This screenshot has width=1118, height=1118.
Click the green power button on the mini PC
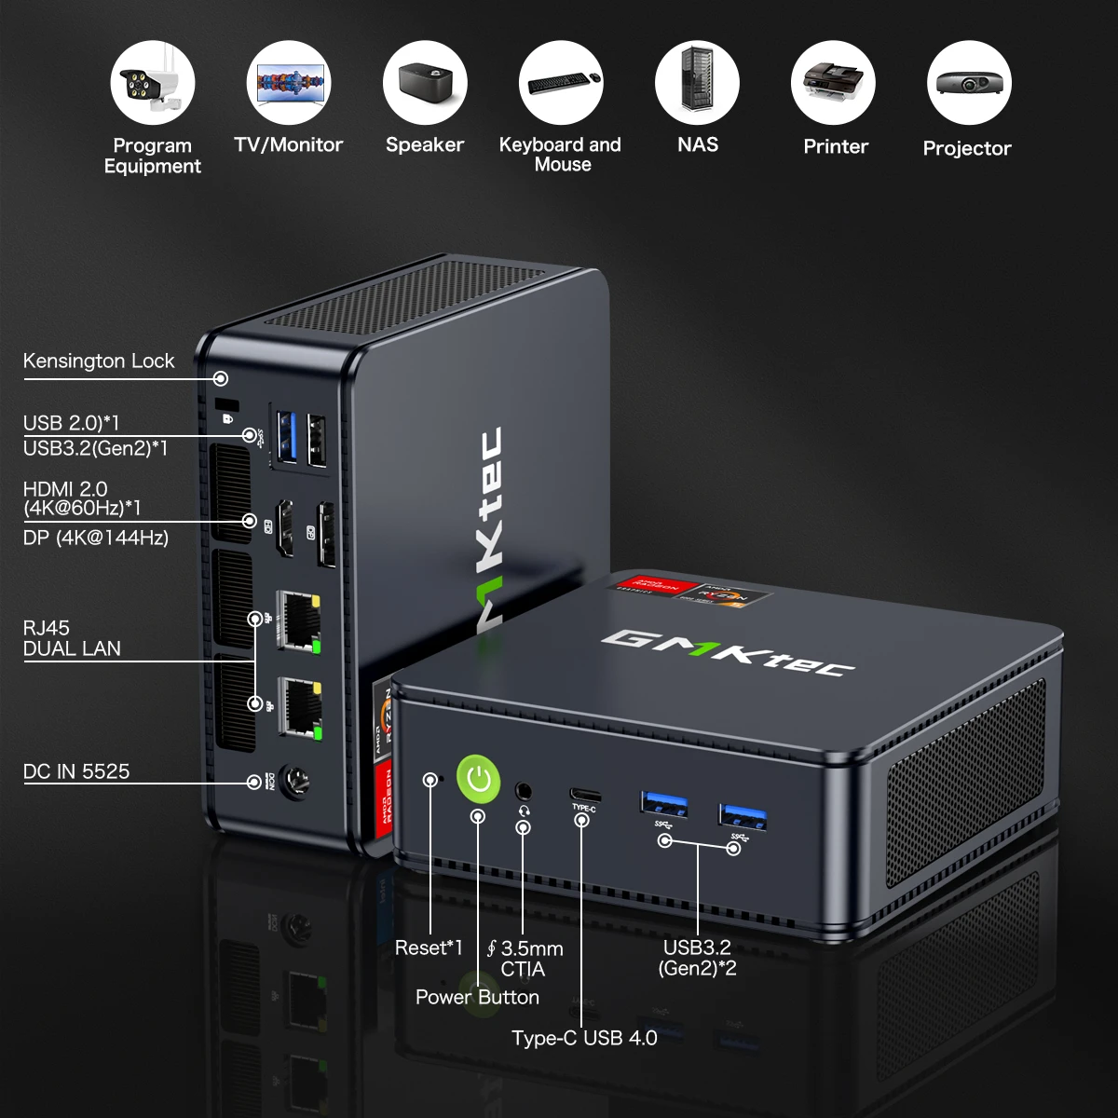point(479,777)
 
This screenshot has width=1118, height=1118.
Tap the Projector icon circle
point(969,83)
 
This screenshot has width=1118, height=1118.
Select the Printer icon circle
point(833,83)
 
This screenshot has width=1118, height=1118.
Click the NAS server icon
point(697,83)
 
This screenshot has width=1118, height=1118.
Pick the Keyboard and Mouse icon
point(561,83)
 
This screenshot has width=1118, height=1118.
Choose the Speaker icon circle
point(425,83)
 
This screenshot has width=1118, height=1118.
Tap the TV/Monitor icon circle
point(289,83)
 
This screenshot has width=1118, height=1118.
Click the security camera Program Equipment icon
point(153,83)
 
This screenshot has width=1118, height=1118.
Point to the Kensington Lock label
point(99,361)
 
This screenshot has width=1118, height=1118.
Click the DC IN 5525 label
point(76,771)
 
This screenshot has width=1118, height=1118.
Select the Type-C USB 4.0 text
point(584,1038)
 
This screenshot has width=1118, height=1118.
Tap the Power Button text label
point(477,997)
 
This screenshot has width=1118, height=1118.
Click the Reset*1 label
point(429,948)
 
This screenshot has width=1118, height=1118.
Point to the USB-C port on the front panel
point(585,795)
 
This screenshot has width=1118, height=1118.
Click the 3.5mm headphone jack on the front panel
point(524,790)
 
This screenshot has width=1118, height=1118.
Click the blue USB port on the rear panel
point(288,435)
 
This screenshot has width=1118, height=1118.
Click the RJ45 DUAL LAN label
point(72,638)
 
